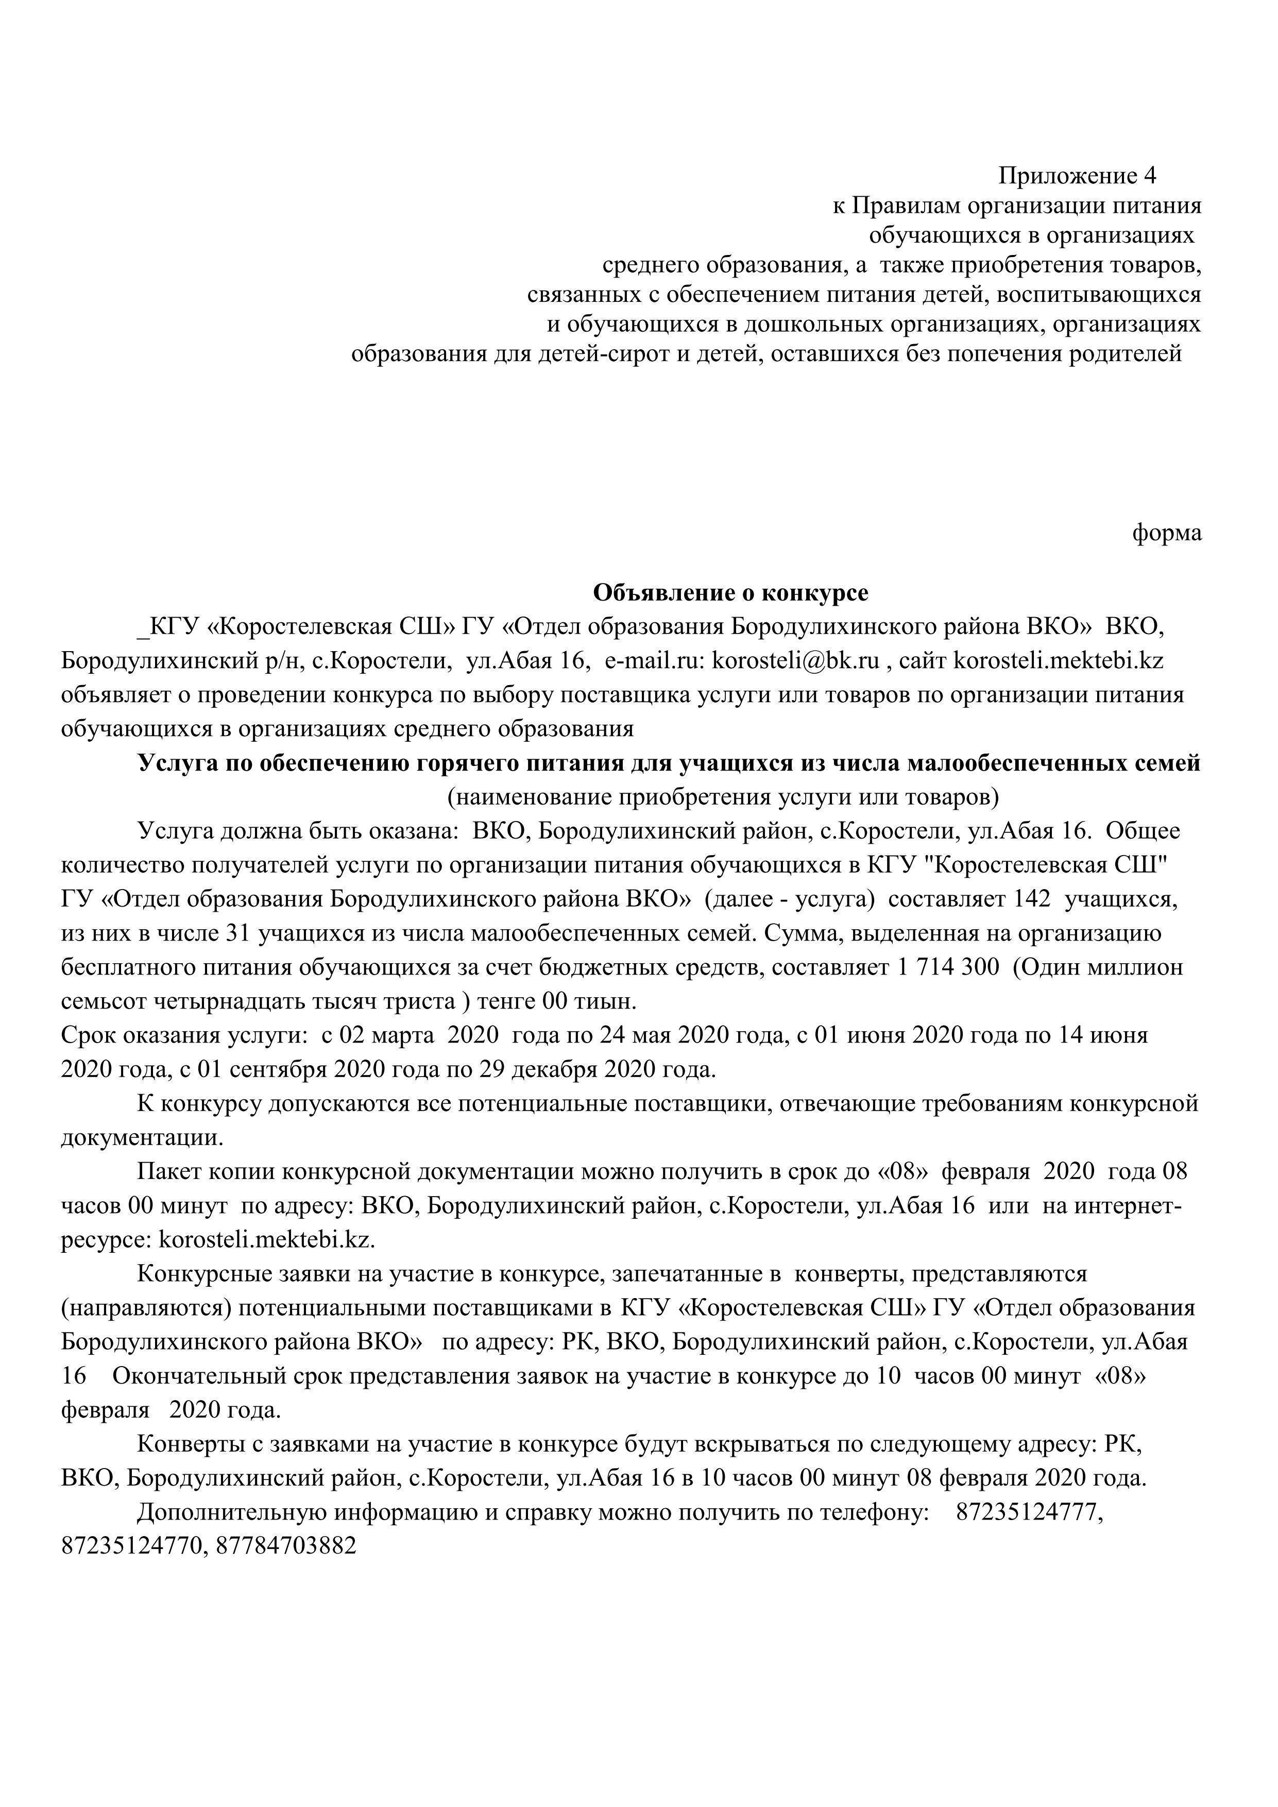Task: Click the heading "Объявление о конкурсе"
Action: click(x=730, y=592)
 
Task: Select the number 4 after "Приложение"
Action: click(x=1150, y=175)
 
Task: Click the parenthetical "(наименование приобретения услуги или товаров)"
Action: click(x=723, y=797)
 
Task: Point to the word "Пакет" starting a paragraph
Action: click(x=166, y=1172)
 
